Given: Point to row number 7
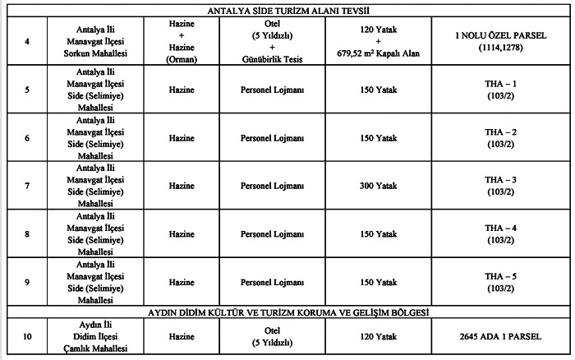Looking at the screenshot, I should coord(29,186).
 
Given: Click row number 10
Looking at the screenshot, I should coord(29,337).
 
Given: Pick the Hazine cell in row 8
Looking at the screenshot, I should coord(182,234).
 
